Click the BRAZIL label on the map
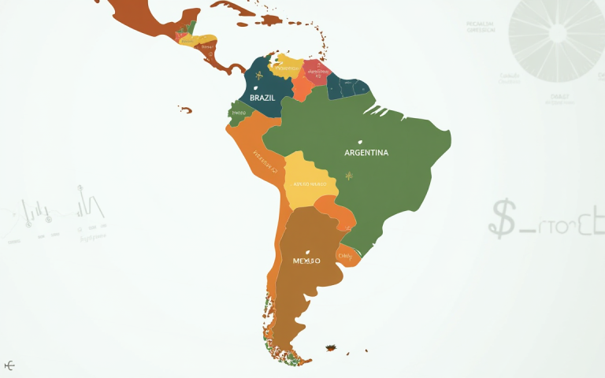[x=262, y=98]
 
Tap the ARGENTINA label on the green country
[x=366, y=153]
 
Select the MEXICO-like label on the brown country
[x=306, y=260]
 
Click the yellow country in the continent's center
[x=310, y=181]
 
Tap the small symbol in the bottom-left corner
[x=10, y=365]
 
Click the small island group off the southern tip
[x=332, y=347]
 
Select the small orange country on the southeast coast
[x=348, y=254]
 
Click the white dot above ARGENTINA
[x=361, y=143]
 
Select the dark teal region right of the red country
[x=347, y=87]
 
